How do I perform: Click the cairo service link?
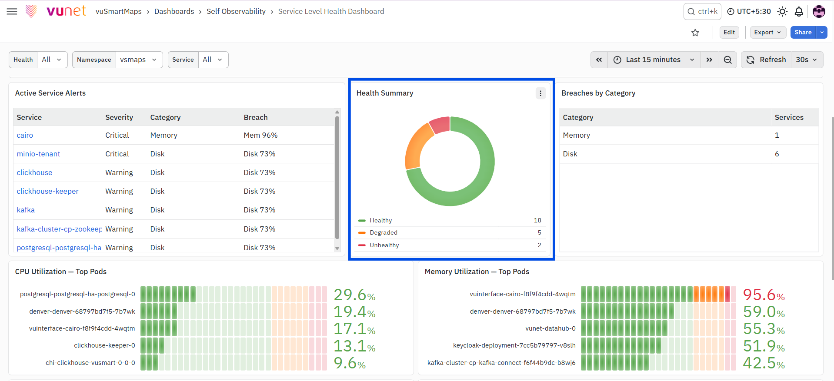coord(25,135)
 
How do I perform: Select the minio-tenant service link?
coord(38,154)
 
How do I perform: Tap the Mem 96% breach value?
coord(260,135)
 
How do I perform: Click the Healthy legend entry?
coord(380,220)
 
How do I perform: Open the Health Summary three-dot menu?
coord(540,93)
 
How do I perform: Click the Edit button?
coord(729,32)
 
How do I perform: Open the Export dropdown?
coord(768,32)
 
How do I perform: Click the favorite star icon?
coord(695,33)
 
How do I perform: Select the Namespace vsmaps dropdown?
coord(139,60)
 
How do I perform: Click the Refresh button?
coord(767,60)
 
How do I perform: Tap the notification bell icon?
coord(799,11)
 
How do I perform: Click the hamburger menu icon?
coord(12,11)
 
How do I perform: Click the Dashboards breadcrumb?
coord(174,11)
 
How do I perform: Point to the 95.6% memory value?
coord(764,295)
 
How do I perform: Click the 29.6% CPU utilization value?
coord(354,295)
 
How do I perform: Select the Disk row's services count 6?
coord(777,154)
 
